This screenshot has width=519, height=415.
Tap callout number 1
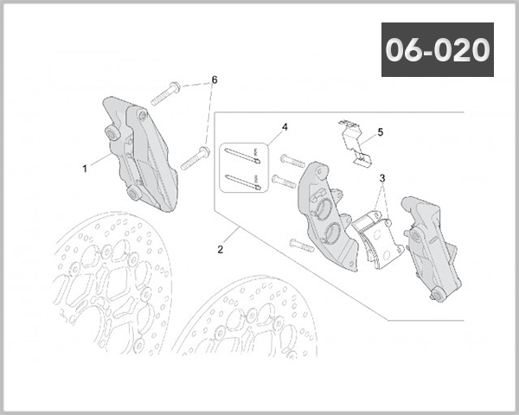(x=85, y=169)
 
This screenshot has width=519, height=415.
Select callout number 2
(x=221, y=250)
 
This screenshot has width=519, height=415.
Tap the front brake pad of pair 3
(x=374, y=238)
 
